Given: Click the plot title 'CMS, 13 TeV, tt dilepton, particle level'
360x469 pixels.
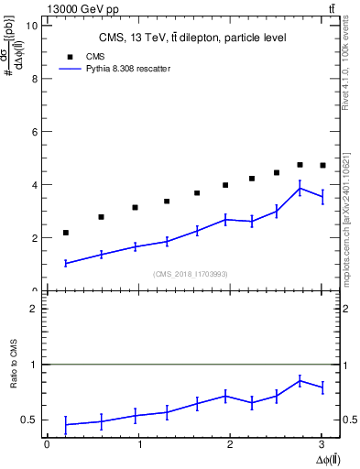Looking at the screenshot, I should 192,38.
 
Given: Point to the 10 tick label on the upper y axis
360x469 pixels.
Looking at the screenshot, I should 30,26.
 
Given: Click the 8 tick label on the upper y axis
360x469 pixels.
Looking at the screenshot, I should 33,79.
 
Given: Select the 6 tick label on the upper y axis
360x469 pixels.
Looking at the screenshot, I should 33,132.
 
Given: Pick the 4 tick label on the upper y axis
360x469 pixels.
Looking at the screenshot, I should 33,185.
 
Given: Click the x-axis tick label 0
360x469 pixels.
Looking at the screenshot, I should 47,445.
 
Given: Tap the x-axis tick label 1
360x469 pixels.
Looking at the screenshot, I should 138,445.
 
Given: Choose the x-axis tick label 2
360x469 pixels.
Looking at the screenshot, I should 230,445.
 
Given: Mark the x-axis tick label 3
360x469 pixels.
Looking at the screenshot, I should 322,445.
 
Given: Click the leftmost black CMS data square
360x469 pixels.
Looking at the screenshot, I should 66,233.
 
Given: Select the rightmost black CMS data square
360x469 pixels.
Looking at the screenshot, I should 322,165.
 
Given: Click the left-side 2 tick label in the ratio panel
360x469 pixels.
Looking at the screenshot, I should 33,309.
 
